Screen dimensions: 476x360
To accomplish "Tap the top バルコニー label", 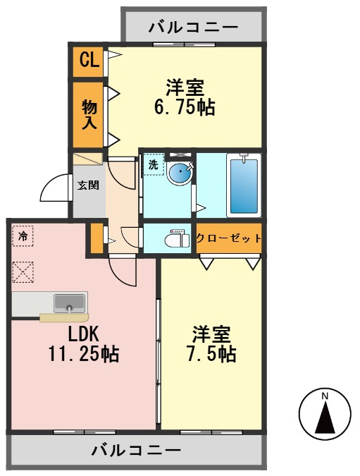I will point(193,28).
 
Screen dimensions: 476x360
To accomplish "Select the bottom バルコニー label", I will point(136,450).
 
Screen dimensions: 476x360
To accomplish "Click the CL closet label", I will point(88,61).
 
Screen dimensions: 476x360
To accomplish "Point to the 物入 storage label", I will point(89,115).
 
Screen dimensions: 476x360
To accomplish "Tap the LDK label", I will point(82,334).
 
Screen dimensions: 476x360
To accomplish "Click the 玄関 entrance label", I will point(87,185).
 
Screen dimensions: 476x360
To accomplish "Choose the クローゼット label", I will point(228,238).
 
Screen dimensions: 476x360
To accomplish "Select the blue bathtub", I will point(244,185).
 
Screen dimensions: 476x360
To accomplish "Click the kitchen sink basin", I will point(69,303).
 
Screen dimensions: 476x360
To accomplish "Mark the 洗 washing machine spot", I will point(154,165).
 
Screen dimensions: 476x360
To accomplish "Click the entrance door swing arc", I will point(54,189).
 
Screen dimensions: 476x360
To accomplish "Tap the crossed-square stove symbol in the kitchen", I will point(23,271).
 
